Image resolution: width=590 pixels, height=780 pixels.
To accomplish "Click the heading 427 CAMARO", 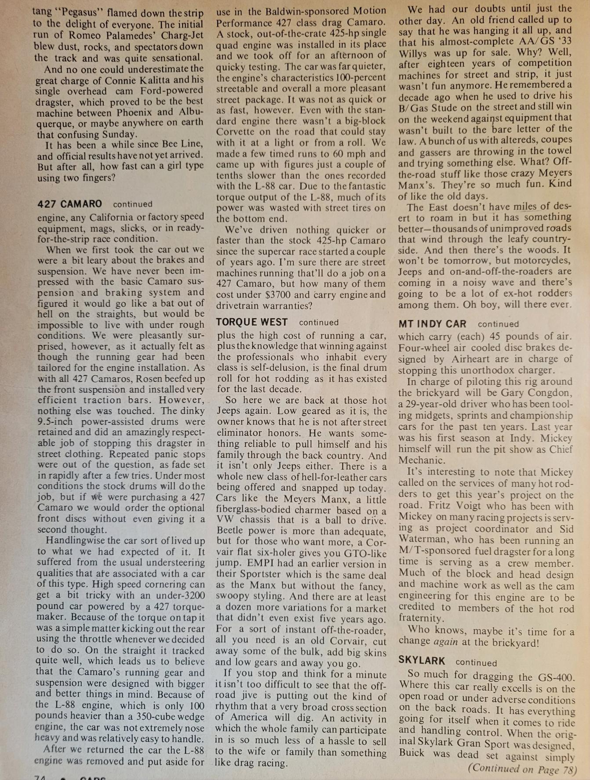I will (x=69, y=204).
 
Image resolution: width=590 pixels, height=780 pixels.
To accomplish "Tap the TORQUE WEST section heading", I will (x=251, y=323).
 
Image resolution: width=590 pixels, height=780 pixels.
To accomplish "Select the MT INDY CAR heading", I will (x=432, y=324).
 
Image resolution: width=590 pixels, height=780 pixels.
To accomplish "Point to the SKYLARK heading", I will (x=422, y=661).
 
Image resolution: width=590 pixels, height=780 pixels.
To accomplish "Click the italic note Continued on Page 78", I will (x=522, y=769).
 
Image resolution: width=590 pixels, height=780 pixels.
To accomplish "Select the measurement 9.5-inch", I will (x=55, y=422).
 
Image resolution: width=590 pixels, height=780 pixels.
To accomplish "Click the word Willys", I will (x=415, y=53).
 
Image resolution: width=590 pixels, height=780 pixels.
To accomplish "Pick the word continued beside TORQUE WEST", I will (x=319, y=323).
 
